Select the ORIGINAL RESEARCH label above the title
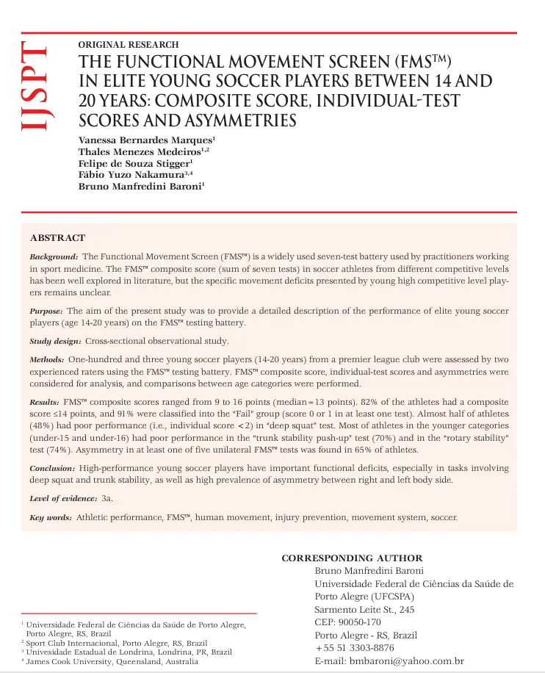128,45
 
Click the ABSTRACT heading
57,238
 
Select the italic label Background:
54,257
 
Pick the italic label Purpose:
48,311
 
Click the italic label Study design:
55,342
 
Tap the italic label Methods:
48,361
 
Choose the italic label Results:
45,403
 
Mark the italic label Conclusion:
52,468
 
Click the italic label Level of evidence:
64,498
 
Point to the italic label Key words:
51,518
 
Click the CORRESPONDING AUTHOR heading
352,558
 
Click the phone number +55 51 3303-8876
354,648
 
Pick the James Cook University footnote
112,661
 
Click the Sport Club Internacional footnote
116,643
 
